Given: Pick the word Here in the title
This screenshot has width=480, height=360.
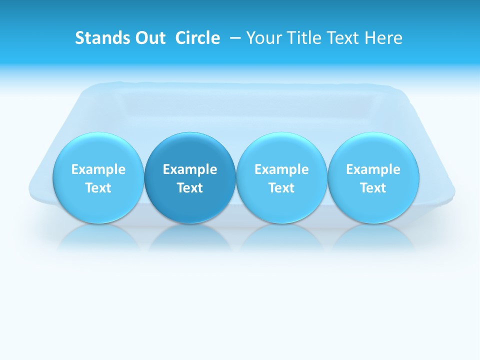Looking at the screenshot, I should pyautogui.click(x=384, y=38).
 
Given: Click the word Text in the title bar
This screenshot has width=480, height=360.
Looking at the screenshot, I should pyautogui.click(x=344, y=38).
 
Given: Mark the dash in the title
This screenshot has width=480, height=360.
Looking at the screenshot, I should pyautogui.click(x=235, y=38).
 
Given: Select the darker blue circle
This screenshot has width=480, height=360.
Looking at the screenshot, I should pyautogui.click(x=190, y=177).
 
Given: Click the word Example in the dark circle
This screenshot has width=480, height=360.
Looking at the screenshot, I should pyautogui.click(x=190, y=169).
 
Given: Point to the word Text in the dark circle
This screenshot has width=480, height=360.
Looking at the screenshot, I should pyautogui.click(x=190, y=188).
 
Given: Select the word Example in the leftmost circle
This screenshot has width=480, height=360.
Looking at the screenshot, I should pyautogui.click(x=98, y=169).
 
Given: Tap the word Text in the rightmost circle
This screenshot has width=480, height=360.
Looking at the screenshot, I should pyautogui.click(x=373, y=188).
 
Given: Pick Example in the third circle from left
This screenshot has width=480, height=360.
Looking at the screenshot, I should pyautogui.click(x=281, y=169).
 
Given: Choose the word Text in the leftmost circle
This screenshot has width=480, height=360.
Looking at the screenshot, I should pyautogui.click(x=98, y=188).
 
